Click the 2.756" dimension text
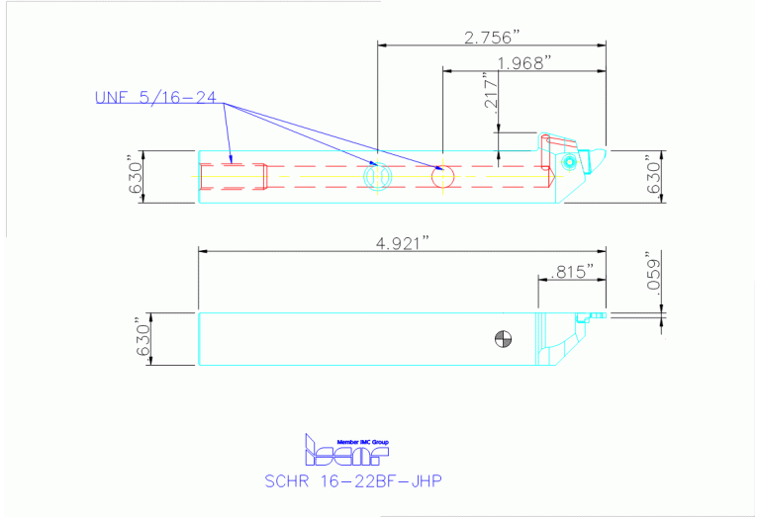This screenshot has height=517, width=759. (x=492, y=38)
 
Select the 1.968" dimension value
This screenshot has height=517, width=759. (x=524, y=63)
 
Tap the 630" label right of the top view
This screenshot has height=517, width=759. (x=651, y=177)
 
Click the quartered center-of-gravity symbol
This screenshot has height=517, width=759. (x=504, y=339)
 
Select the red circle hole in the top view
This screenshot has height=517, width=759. (x=442, y=177)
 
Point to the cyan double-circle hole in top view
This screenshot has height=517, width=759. (x=377, y=177)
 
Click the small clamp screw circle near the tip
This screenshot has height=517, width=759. (x=570, y=161)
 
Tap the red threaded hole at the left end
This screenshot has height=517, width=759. (x=234, y=177)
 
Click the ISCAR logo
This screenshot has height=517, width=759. (x=346, y=453)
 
